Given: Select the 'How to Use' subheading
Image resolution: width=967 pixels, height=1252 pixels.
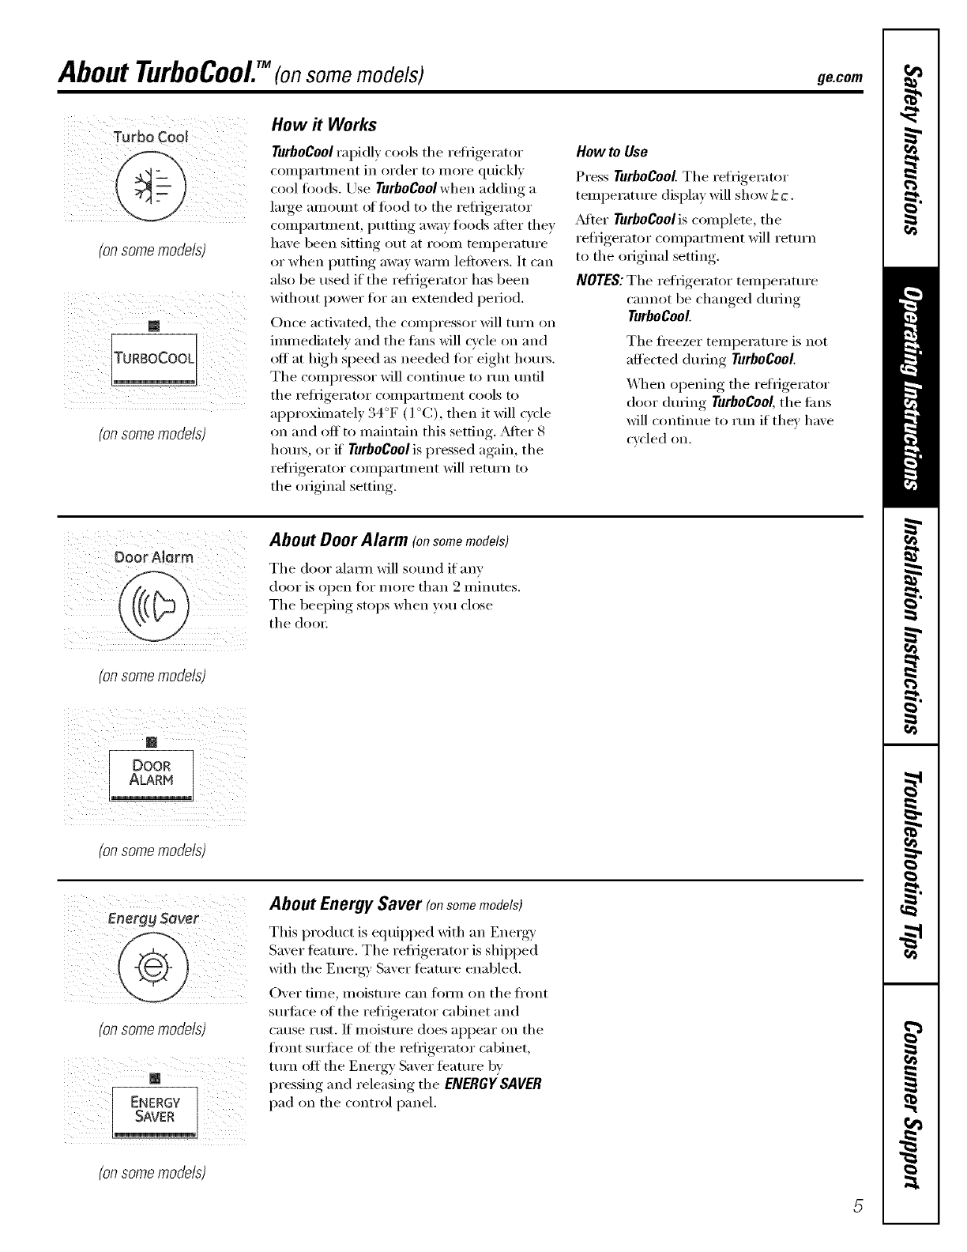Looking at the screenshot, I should pyautogui.click(x=612, y=152).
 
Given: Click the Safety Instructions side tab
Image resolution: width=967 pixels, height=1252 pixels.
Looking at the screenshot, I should pyautogui.click(x=910, y=150).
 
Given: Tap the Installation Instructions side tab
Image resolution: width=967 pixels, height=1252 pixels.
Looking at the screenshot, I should pyautogui.click(x=910, y=628).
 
